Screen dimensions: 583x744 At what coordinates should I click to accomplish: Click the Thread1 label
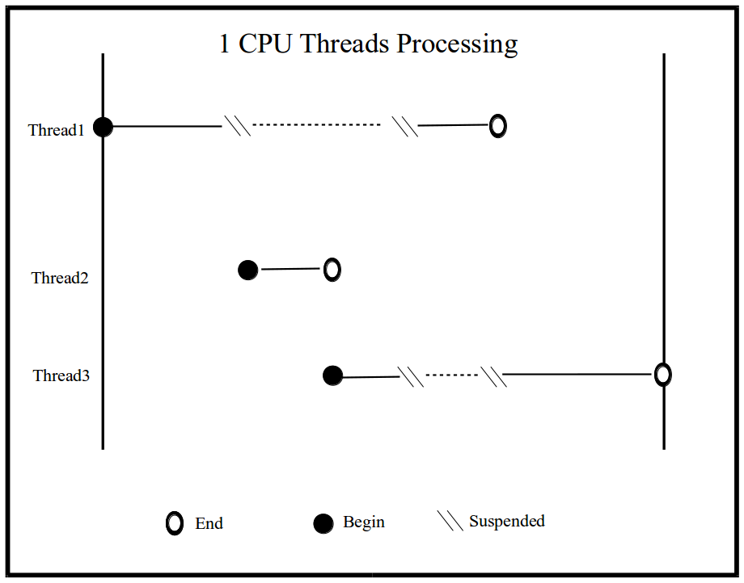tap(57, 130)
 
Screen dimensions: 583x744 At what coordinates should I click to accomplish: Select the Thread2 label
tap(60, 278)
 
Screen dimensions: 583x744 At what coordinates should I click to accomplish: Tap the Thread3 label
tap(61, 375)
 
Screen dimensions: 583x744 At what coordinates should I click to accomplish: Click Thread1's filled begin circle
tap(103, 127)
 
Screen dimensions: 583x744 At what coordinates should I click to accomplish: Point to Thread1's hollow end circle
tap(498, 126)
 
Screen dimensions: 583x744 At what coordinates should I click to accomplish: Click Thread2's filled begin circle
tap(248, 270)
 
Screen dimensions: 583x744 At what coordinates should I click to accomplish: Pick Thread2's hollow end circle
tap(332, 270)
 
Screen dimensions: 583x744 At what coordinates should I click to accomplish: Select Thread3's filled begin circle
tap(332, 375)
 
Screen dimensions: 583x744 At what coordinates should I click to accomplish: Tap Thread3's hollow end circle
tap(662, 375)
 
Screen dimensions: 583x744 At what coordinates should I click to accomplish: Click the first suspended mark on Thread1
tap(237, 126)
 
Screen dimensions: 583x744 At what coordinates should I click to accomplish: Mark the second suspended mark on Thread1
tap(405, 126)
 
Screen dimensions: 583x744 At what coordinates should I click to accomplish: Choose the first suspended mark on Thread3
tap(411, 376)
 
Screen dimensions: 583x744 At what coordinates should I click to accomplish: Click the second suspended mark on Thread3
tap(493, 376)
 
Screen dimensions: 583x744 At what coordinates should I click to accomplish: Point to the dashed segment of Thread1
tap(316, 125)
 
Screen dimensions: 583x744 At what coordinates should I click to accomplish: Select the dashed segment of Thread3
tap(452, 375)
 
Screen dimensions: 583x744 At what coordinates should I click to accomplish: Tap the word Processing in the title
tap(456, 44)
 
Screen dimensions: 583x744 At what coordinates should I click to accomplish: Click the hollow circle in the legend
tap(174, 523)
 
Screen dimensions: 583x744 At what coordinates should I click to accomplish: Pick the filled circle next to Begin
tap(323, 524)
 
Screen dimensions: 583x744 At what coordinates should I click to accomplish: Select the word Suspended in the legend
tap(507, 521)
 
